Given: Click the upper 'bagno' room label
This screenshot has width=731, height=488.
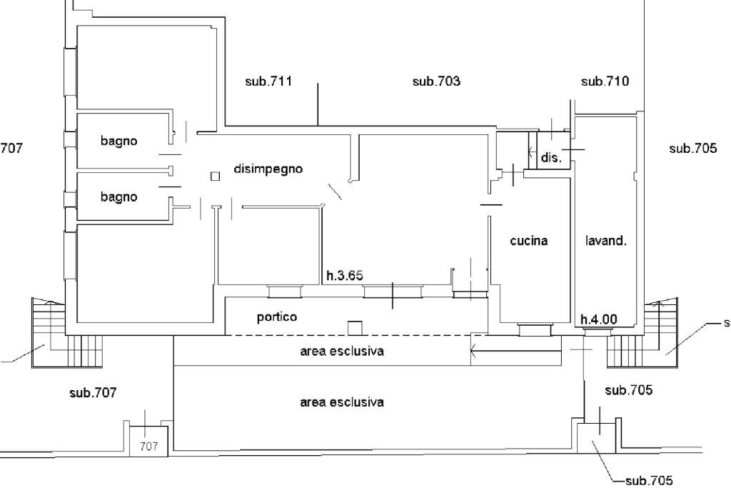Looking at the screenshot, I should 119,141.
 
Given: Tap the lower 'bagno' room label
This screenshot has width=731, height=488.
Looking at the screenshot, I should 119,196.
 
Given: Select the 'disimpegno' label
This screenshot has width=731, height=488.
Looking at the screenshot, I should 268,169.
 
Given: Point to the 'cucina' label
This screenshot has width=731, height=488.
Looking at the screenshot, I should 529,241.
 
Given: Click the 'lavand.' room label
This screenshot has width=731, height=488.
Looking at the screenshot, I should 605,241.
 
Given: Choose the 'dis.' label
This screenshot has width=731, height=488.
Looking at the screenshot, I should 552,158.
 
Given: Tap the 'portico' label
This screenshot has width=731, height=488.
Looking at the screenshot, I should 277,317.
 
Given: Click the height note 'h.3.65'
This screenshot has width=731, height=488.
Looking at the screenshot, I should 345,274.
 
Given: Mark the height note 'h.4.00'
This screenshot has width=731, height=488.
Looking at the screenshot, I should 598,319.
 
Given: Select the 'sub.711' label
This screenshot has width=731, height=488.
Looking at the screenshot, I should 268,81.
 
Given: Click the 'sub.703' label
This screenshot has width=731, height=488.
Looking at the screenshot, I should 436,81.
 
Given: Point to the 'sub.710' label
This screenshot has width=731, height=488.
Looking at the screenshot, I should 605,81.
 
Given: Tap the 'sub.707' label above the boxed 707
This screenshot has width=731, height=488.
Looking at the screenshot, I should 93,392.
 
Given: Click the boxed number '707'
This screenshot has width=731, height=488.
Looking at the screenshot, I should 148,447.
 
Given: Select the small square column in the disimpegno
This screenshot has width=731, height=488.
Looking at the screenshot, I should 216,176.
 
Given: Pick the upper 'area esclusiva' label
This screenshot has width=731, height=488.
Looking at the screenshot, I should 342,352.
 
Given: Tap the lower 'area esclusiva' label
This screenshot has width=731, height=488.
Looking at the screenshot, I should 342,402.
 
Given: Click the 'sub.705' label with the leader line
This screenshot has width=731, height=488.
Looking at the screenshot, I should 648,480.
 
